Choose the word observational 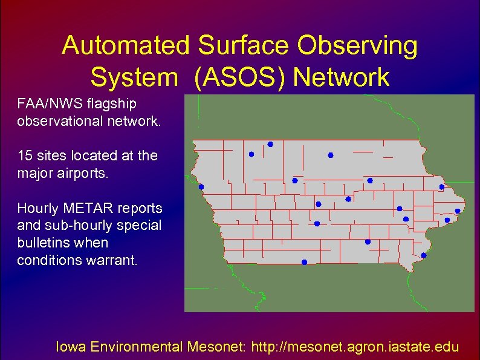pos(62,121)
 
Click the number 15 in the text pos(25,155)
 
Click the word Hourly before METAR pos(37,208)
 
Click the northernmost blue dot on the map pos(270,144)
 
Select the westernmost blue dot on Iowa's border pos(201,187)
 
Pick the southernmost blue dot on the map pos(304,262)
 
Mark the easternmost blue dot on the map pos(458,211)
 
